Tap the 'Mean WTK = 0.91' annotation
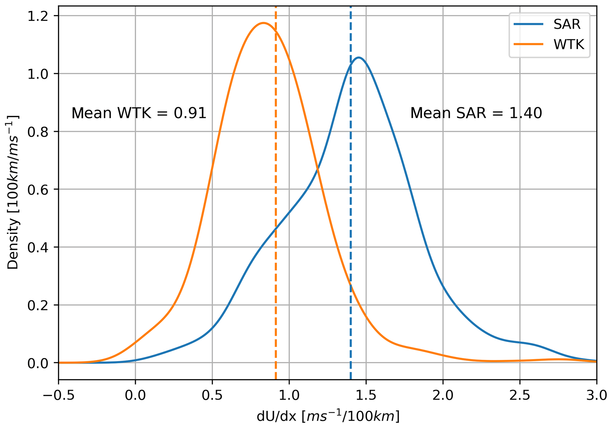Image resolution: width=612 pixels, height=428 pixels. tap(139, 113)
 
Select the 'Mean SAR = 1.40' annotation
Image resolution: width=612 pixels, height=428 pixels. tap(476, 113)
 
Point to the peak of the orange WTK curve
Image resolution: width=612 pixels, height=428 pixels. tap(263, 23)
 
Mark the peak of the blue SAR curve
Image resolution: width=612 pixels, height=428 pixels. tap(359, 58)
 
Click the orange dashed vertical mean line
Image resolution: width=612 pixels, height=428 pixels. tap(276, 177)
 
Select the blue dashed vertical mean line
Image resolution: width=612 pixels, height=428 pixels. tap(351, 207)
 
